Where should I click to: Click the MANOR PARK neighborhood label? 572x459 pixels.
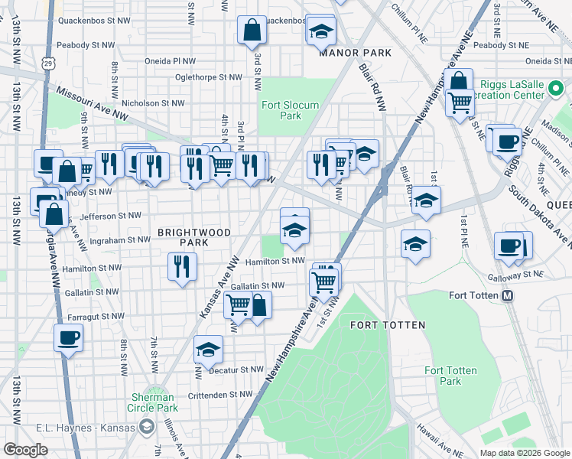click(355, 53)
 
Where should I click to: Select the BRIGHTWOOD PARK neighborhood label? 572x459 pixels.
click(184, 236)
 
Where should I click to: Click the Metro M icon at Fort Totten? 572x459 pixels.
click(506, 296)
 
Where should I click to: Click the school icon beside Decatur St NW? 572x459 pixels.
click(208, 350)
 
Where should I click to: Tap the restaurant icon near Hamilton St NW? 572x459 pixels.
click(182, 267)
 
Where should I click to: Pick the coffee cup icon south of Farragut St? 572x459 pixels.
click(68, 337)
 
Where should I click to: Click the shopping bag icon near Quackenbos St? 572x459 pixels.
click(252, 31)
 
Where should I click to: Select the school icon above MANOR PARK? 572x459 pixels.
click(321, 31)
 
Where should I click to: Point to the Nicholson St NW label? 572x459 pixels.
click(154, 103)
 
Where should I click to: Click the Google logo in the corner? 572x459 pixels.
click(25, 450)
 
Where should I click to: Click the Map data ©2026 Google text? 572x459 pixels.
click(524, 453)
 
